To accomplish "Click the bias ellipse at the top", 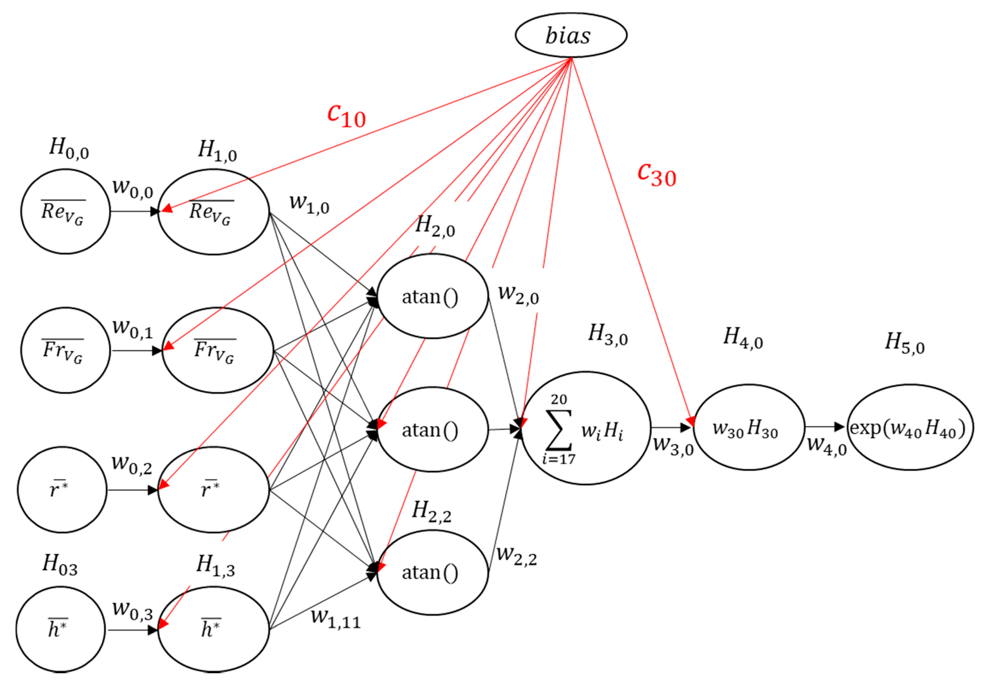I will (x=570, y=35).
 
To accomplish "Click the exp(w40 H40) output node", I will (x=911, y=427).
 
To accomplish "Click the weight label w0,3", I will (x=132, y=610).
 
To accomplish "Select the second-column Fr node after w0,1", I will (x=217, y=350).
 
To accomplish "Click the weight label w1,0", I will (x=309, y=204).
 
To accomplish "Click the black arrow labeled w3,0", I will (x=671, y=427).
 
